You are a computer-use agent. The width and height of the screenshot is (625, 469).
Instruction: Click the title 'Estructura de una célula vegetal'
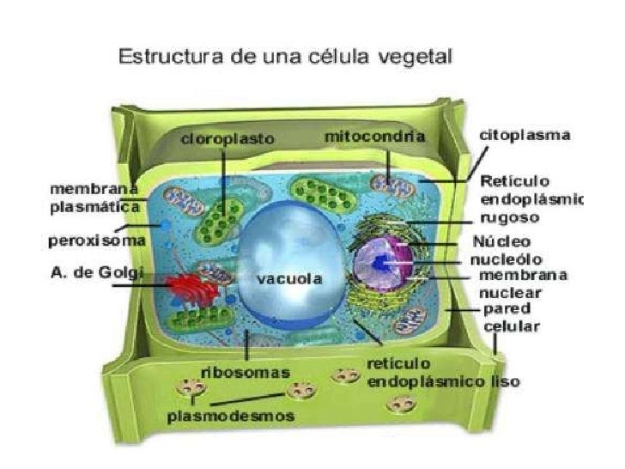pos(286,59)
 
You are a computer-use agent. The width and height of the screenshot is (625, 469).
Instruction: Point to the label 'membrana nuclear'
pos(522,283)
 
